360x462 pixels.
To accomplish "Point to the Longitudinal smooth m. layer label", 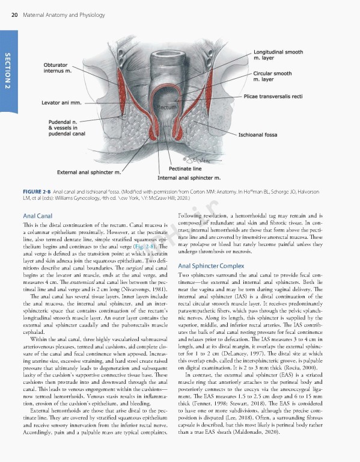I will click(x=278, y=55).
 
